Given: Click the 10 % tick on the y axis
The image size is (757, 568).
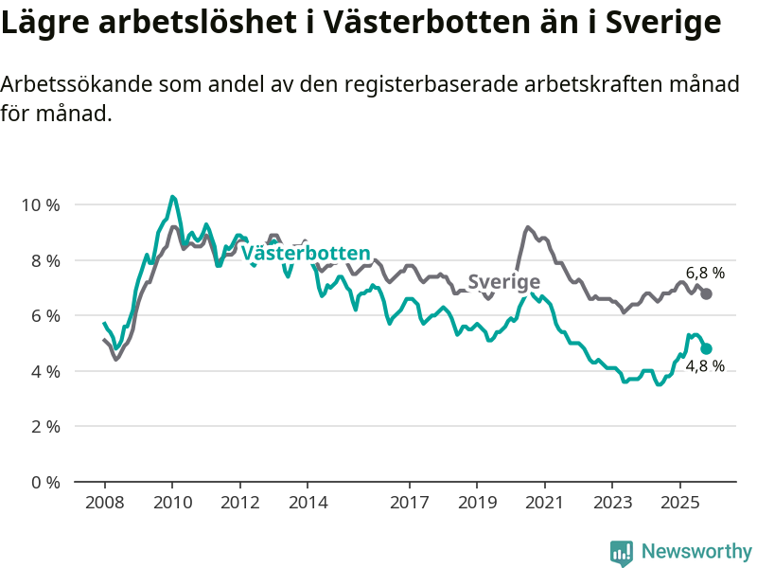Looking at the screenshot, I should (x=41, y=204).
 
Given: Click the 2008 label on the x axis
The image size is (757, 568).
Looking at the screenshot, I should (x=104, y=501).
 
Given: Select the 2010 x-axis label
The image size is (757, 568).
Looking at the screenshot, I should (x=172, y=501).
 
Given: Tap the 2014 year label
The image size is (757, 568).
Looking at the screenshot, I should (x=308, y=501).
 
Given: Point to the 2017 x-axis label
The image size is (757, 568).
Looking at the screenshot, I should (x=409, y=501).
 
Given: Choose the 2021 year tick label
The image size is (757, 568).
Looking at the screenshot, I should (x=544, y=501).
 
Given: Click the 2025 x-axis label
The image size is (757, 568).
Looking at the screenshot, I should (x=679, y=501).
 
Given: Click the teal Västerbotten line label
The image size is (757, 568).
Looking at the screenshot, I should (x=306, y=253).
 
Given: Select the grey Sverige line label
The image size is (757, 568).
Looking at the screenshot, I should (x=504, y=281).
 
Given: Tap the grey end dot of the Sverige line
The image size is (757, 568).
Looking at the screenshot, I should (x=706, y=293).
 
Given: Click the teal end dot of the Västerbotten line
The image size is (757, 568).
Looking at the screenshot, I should (x=706, y=348).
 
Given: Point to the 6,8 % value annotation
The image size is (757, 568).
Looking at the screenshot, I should (x=705, y=273).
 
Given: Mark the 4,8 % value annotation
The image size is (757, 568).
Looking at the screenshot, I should (x=705, y=366).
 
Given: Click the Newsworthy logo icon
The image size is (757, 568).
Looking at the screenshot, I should (x=622, y=552).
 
